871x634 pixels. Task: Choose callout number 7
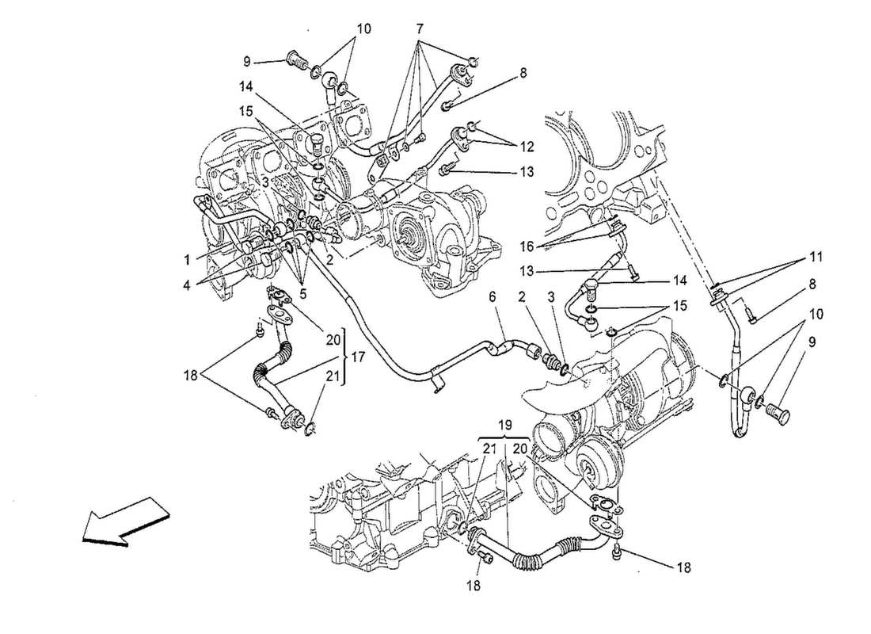[x=420, y=29]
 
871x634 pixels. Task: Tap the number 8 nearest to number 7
[x=523, y=72]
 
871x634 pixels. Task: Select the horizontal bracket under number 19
[x=505, y=438]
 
